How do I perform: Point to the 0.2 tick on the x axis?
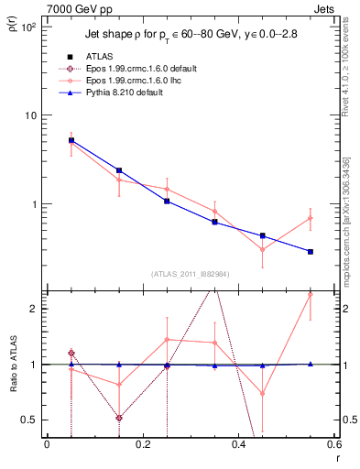143,445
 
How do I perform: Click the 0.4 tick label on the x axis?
239,445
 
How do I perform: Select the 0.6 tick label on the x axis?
333,445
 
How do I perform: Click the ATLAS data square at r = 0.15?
119,170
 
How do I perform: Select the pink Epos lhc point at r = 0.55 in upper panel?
311,218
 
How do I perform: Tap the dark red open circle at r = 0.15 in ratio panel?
119,418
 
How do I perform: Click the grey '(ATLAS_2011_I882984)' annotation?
191,274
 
